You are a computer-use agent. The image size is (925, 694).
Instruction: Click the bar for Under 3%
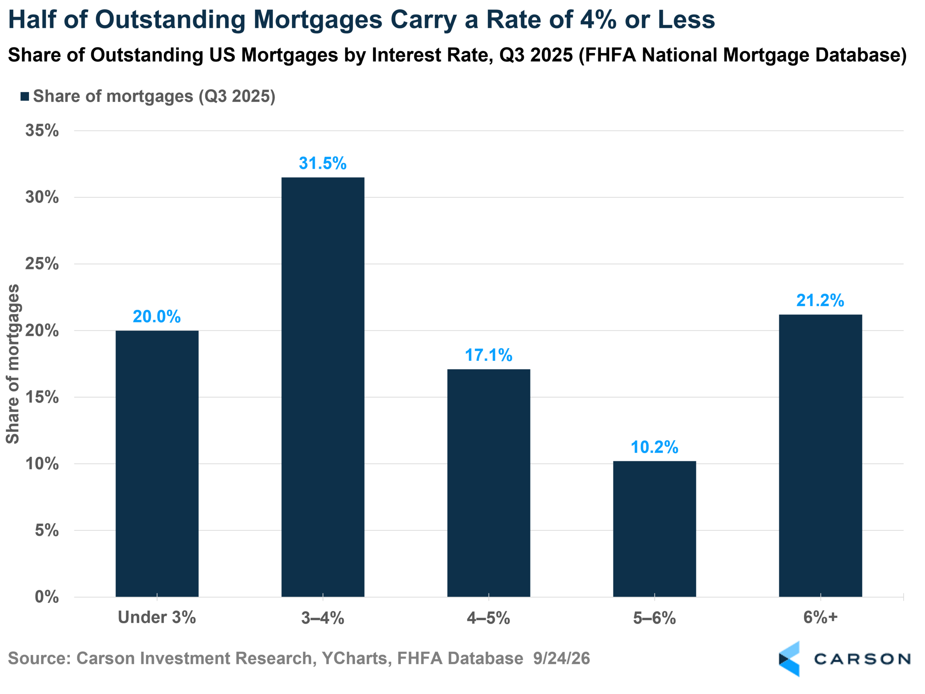(157, 463)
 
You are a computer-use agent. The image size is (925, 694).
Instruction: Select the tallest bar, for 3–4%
(323, 387)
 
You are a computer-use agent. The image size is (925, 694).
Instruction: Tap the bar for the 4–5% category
(489, 483)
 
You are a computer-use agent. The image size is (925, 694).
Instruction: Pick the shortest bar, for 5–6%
(654, 529)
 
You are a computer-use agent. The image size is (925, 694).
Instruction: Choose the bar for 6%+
(821, 455)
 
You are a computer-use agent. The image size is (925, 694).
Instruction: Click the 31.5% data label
(323, 163)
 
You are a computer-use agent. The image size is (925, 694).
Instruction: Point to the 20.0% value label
(157, 316)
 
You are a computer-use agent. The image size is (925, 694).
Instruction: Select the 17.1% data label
(489, 355)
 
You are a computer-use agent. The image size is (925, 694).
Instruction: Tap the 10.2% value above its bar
(654, 447)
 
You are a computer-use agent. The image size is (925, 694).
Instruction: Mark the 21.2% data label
(821, 300)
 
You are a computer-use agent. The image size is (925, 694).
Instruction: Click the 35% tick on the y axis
(42, 130)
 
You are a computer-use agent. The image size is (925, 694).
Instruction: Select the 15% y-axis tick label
(42, 397)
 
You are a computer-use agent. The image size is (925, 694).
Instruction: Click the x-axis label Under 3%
(157, 617)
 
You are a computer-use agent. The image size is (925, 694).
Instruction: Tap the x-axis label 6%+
(821, 617)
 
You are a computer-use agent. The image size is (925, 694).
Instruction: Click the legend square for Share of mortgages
(25, 97)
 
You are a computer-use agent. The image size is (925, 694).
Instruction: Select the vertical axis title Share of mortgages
(13, 364)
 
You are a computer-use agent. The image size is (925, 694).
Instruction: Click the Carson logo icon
(790, 659)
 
